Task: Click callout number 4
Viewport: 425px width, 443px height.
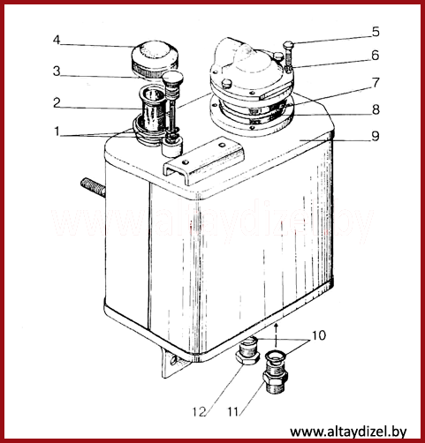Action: coord(57,40)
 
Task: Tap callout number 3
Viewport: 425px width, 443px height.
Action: coord(57,71)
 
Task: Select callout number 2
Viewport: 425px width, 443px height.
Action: coord(57,103)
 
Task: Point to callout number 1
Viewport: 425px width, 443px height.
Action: coord(57,131)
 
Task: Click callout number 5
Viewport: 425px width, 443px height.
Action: coord(376,32)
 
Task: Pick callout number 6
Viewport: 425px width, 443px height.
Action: coord(375,56)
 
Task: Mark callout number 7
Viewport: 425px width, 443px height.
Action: coord(376,83)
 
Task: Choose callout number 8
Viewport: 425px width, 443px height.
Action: coord(376,109)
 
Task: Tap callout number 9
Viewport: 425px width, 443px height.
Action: coord(376,136)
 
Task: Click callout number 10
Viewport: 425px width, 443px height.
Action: coord(319,335)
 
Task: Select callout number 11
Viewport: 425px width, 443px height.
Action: coord(233,412)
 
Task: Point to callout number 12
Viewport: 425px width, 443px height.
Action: coord(199,412)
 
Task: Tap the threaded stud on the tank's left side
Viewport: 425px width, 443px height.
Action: coord(93,187)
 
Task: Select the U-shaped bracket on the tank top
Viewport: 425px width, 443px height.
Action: coord(204,161)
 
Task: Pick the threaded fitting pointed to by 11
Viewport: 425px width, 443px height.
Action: coord(276,373)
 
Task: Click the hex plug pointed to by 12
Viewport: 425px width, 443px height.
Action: coord(247,351)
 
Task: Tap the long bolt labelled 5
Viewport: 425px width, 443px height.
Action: coord(288,56)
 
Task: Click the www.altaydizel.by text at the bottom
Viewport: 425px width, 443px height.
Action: coord(348,432)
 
